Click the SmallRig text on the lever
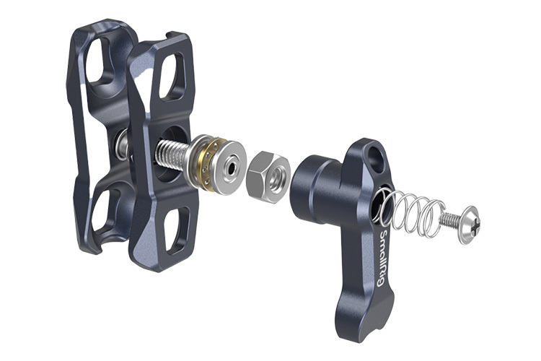point(383,257)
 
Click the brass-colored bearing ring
point(204,160)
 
